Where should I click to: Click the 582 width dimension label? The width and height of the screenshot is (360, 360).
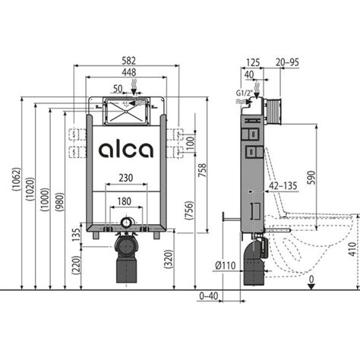point(129,61)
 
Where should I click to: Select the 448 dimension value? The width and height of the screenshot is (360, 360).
point(129,72)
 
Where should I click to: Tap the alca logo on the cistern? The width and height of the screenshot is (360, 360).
point(126,150)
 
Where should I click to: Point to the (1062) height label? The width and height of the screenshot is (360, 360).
point(16,179)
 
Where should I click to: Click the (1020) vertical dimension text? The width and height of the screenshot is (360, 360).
point(30,189)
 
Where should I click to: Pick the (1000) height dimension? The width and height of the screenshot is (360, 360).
point(45,199)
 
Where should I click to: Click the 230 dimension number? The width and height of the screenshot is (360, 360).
point(126,178)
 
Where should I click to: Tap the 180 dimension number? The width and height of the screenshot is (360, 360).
point(124,201)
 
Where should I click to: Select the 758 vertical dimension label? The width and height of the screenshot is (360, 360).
point(202,170)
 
